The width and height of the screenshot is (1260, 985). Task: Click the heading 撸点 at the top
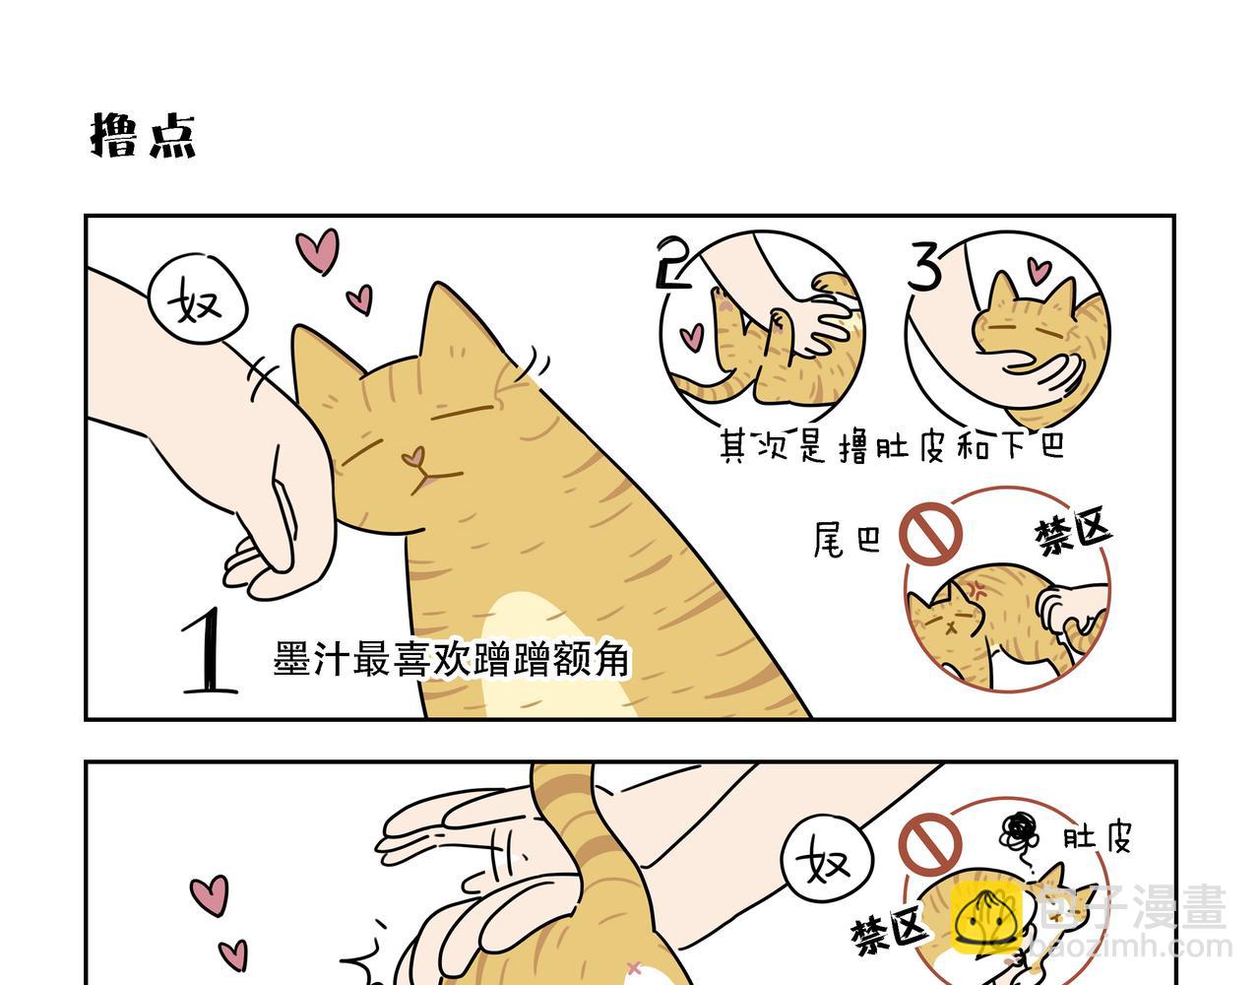click(144, 135)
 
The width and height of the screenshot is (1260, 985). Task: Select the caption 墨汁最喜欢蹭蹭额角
click(451, 659)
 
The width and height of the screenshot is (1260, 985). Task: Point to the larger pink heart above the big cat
click(318, 250)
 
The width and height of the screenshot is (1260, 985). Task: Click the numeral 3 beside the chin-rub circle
click(925, 267)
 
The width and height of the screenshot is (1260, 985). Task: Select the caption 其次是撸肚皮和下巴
click(893, 447)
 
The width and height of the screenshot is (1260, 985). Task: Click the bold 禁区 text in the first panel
click(1072, 533)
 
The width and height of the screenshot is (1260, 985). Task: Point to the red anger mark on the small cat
click(981, 592)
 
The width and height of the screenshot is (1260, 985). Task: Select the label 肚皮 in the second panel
click(1097, 838)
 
